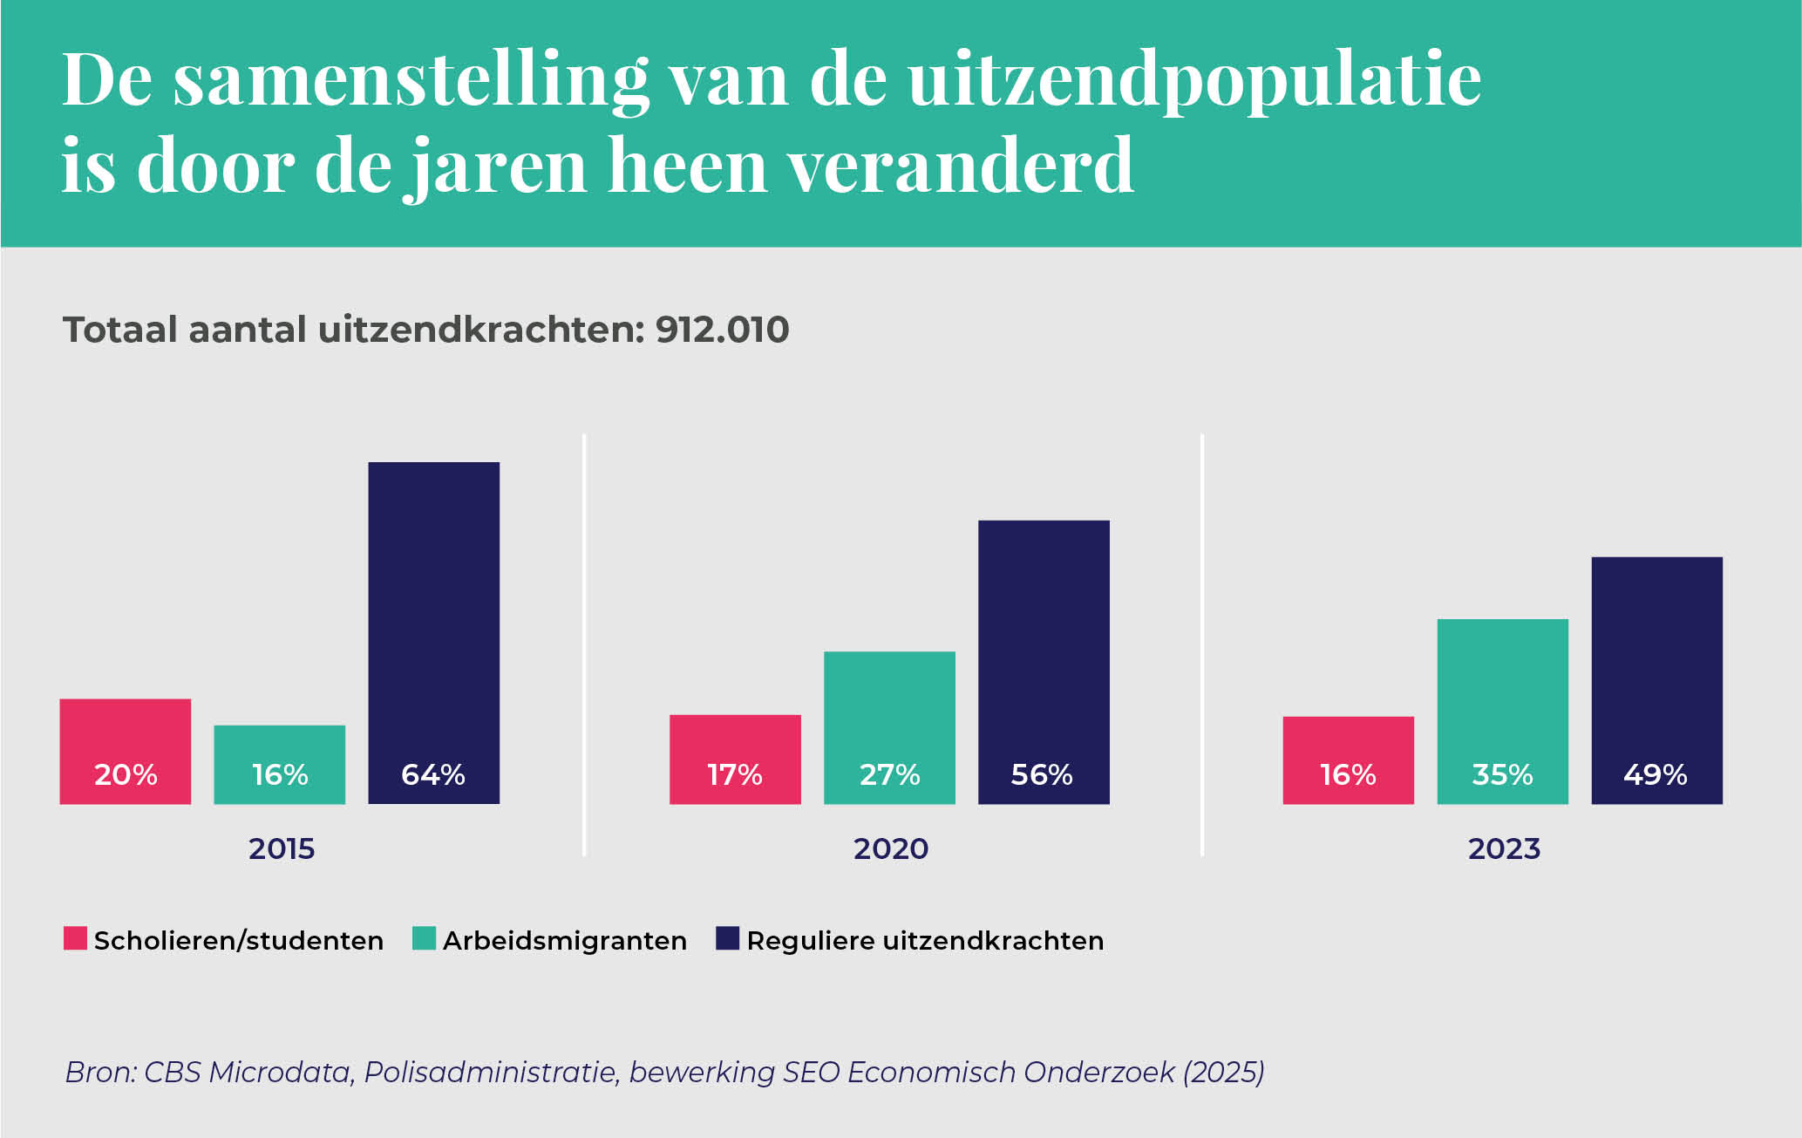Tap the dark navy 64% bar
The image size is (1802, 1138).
[x=433, y=632]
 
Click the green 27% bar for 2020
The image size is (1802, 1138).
[x=889, y=726]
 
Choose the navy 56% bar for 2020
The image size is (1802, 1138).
[x=1044, y=661]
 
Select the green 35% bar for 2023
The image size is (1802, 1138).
[x=1502, y=711]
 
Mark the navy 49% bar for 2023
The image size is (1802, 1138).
[x=1656, y=679]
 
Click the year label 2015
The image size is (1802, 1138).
[x=282, y=848]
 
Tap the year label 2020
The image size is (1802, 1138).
[x=891, y=848]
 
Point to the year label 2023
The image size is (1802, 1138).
[x=1504, y=848]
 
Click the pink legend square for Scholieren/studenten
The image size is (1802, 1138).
[x=75, y=938]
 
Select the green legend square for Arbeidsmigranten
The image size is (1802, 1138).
[x=424, y=938]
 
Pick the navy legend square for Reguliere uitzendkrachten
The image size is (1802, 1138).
[x=727, y=938]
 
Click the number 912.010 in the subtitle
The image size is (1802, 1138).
[x=722, y=330]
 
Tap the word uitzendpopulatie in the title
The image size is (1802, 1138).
[x=1193, y=81]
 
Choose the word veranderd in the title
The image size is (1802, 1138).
[x=961, y=166]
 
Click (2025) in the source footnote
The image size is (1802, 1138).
[x=1222, y=1072]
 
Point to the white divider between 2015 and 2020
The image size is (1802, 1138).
[x=584, y=644]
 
